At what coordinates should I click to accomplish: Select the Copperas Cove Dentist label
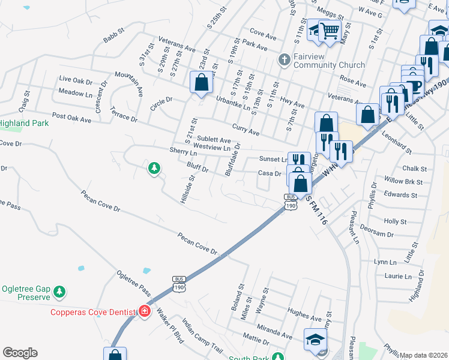point(93,312)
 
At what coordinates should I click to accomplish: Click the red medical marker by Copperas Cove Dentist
point(145,311)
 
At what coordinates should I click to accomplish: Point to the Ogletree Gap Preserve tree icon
point(59,292)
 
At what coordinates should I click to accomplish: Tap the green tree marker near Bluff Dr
point(154,169)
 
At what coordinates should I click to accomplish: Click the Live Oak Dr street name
point(76,80)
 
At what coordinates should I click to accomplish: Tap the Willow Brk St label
point(403,181)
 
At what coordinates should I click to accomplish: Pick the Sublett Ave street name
point(214,139)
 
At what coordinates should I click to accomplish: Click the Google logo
point(20,353)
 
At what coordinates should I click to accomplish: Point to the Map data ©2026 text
point(424,355)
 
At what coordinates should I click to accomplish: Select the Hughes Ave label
point(305,312)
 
